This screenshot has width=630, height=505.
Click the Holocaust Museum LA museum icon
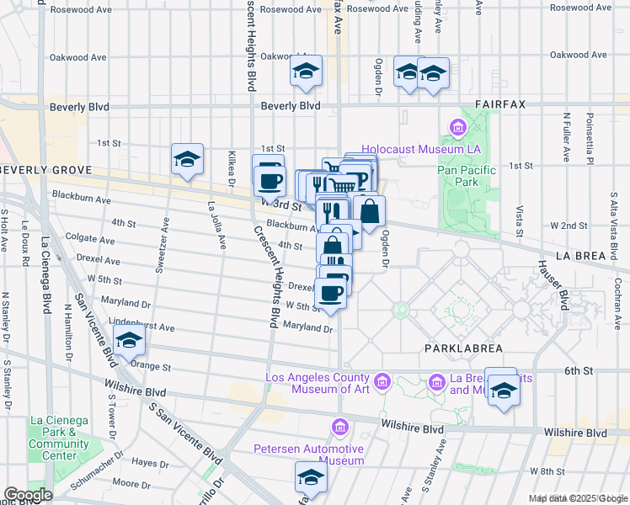coord(458,129)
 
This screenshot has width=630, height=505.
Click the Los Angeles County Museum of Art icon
coord(383,383)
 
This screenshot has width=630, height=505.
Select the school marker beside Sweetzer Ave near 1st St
coord(187,159)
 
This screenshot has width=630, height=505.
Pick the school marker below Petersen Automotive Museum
coord(310,477)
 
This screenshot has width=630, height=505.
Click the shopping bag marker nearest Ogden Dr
coord(369,211)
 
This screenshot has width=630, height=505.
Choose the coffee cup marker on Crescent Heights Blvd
coord(269,179)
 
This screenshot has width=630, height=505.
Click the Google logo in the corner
coord(28,495)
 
